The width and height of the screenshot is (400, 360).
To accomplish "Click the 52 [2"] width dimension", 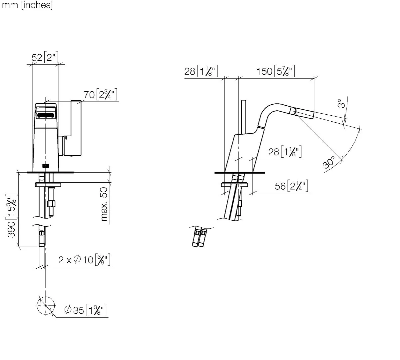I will (45, 57).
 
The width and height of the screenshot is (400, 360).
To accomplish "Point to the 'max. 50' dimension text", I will (104, 204).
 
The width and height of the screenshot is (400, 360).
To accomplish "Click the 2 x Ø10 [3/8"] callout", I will (84, 260).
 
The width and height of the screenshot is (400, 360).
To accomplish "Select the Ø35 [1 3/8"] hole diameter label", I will (85, 310).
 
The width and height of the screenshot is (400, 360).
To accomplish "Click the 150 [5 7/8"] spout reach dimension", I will (275, 71).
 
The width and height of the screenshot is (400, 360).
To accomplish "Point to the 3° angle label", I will (340, 103).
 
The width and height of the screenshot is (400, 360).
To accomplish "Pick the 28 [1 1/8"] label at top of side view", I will (201, 71).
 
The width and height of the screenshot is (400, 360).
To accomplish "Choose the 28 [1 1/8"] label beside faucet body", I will (285, 152).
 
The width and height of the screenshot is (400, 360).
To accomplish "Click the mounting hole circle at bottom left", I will (45, 305).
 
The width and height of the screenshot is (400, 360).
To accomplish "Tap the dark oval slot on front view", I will (46, 115).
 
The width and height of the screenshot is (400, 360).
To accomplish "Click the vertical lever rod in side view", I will (243, 117).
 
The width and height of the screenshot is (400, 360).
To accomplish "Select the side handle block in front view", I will (76, 128).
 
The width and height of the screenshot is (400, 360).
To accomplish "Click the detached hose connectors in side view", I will (199, 237).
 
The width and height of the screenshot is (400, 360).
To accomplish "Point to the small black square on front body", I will (46, 165).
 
